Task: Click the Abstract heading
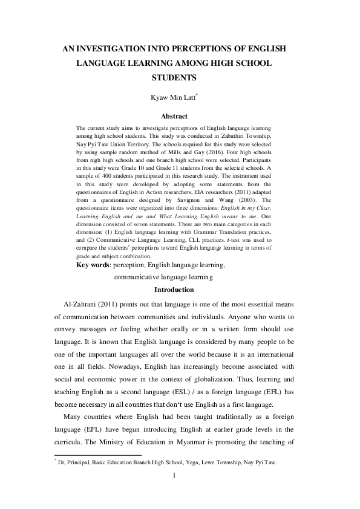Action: [x=174, y=116]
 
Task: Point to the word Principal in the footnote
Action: [x=80, y=462]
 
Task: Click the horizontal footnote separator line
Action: [x=97, y=455]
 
